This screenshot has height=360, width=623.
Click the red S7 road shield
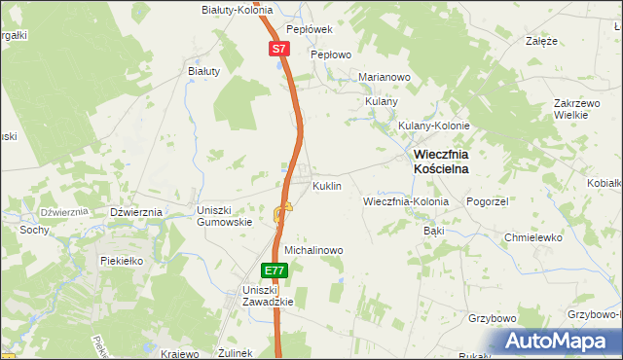coord(279,48)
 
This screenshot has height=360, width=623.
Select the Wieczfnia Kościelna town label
coord(441,161)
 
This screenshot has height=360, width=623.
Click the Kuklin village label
coord(326,185)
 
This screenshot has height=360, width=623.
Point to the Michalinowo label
coord(313,250)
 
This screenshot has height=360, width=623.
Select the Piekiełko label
coord(122,261)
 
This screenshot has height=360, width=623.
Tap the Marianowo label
coord(385,77)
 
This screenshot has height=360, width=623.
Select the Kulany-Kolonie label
coord(434,126)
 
